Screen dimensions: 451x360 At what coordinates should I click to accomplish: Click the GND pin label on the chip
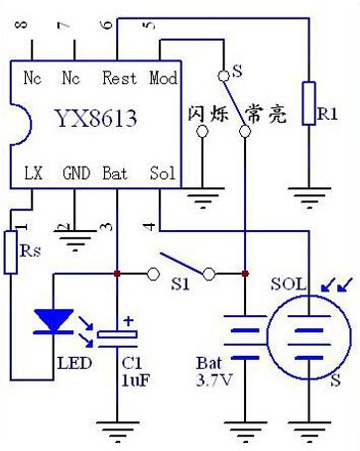[76, 173]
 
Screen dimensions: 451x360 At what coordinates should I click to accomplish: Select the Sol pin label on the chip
[163, 173]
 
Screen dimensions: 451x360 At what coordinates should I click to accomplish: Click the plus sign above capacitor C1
[128, 321]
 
